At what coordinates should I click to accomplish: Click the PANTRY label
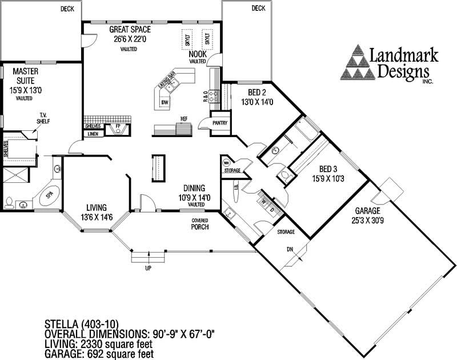(x=220, y=122)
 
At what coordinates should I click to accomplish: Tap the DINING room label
(x=195, y=188)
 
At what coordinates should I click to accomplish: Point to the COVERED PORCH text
(x=199, y=224)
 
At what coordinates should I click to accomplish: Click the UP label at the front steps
(x=148, y=269)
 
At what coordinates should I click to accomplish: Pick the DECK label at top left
(x=68, y=8)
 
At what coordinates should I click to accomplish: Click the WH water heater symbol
(x=226, y=162)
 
